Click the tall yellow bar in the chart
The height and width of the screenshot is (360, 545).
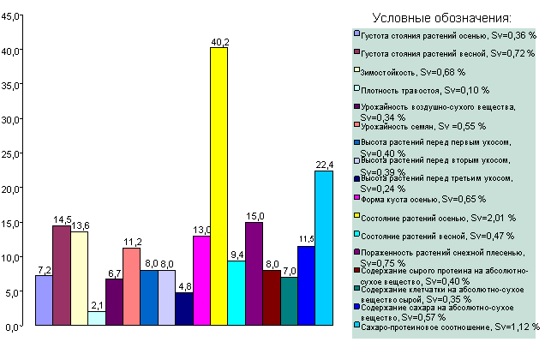tap(219, 187)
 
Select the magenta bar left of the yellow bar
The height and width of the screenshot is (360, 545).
tap(201, 281)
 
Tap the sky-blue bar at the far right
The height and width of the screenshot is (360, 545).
tap(323, 249)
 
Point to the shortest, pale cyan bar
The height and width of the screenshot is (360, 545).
tap(97, 318)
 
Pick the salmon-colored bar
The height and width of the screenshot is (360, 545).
tap(131, 287)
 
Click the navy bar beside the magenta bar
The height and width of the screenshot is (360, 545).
tap(184, 309)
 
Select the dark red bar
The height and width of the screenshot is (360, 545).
tap(272, 298)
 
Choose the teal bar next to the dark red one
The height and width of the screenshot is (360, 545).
tap(289, 302)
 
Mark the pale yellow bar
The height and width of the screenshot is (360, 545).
tap(79, 279)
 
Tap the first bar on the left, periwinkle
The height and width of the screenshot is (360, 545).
tap(44, 301)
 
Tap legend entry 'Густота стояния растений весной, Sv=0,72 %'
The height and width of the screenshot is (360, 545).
tap(443, 53)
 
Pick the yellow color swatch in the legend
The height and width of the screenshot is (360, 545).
tap(356, 217)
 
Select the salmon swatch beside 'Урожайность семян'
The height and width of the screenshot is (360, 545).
tap(356, 125)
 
